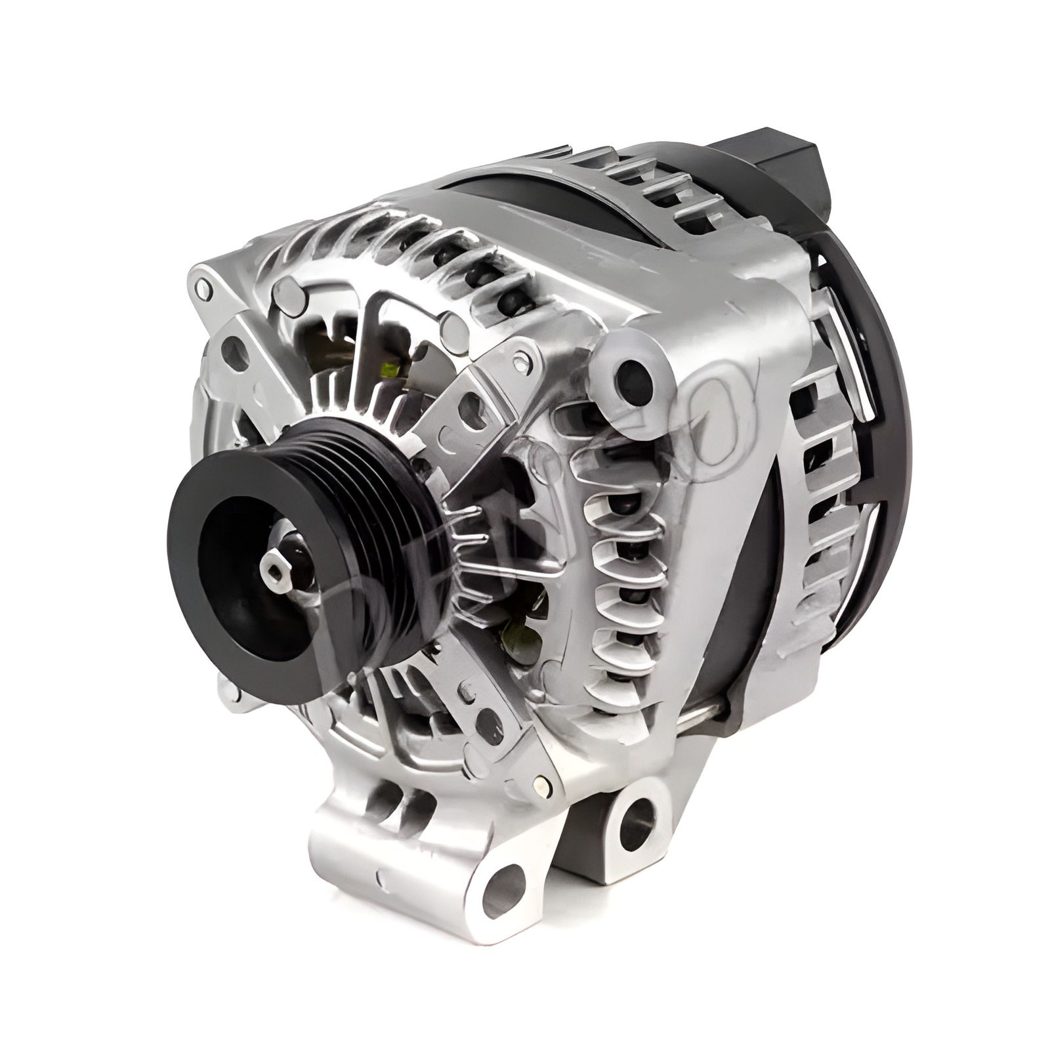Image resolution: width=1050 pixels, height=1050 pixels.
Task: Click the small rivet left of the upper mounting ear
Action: [522, 358]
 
